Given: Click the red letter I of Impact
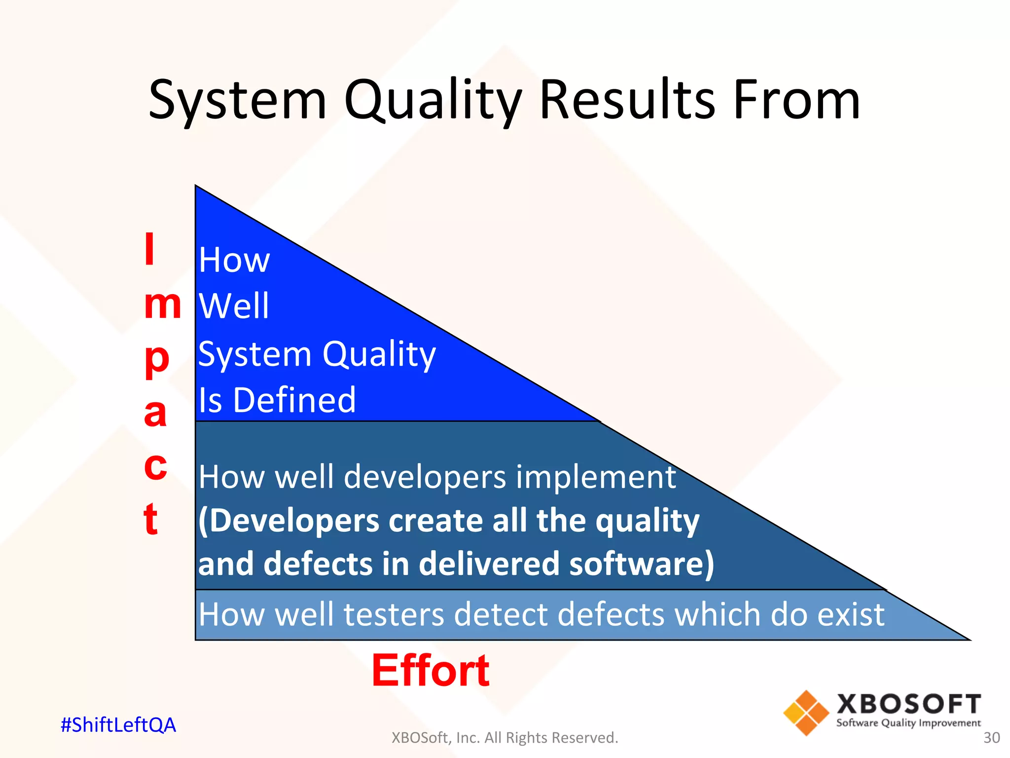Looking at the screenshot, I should coord(149,249).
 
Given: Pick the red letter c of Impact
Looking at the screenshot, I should coord(155,466).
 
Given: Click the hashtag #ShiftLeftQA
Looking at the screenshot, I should coord(118,725).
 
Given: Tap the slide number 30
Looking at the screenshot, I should coord(991,738).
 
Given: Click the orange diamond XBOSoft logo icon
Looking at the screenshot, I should coord(806,713).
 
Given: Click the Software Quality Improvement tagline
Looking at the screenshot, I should coord(908,723).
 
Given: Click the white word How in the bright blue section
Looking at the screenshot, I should coord(234,260).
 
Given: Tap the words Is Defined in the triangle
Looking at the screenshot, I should coord(277,400).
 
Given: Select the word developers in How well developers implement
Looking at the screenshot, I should coord(425,477).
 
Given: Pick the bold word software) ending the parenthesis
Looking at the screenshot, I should coord(641,564).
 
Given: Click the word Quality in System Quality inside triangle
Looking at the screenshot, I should coord(379,354).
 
